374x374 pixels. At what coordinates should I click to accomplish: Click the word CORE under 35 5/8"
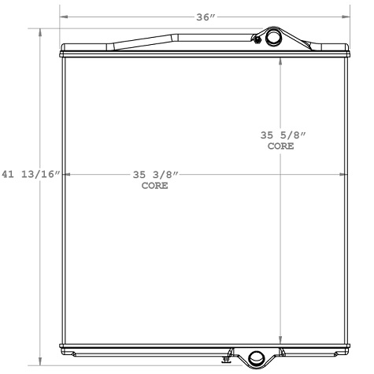coord(281,146)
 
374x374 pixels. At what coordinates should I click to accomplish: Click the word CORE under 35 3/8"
coord(155,186)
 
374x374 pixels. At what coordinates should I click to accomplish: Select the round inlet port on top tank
coord(273,37)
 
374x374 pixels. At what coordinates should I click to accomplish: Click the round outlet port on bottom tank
coord(257,360)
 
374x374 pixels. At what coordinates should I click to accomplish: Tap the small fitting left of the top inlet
coord(257,39)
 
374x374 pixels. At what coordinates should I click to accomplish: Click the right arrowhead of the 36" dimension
coord(348,16)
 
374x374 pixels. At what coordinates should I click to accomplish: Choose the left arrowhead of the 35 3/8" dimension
coord(66,174)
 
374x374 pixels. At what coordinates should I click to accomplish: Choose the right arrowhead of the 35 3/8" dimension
coord(345,174)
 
